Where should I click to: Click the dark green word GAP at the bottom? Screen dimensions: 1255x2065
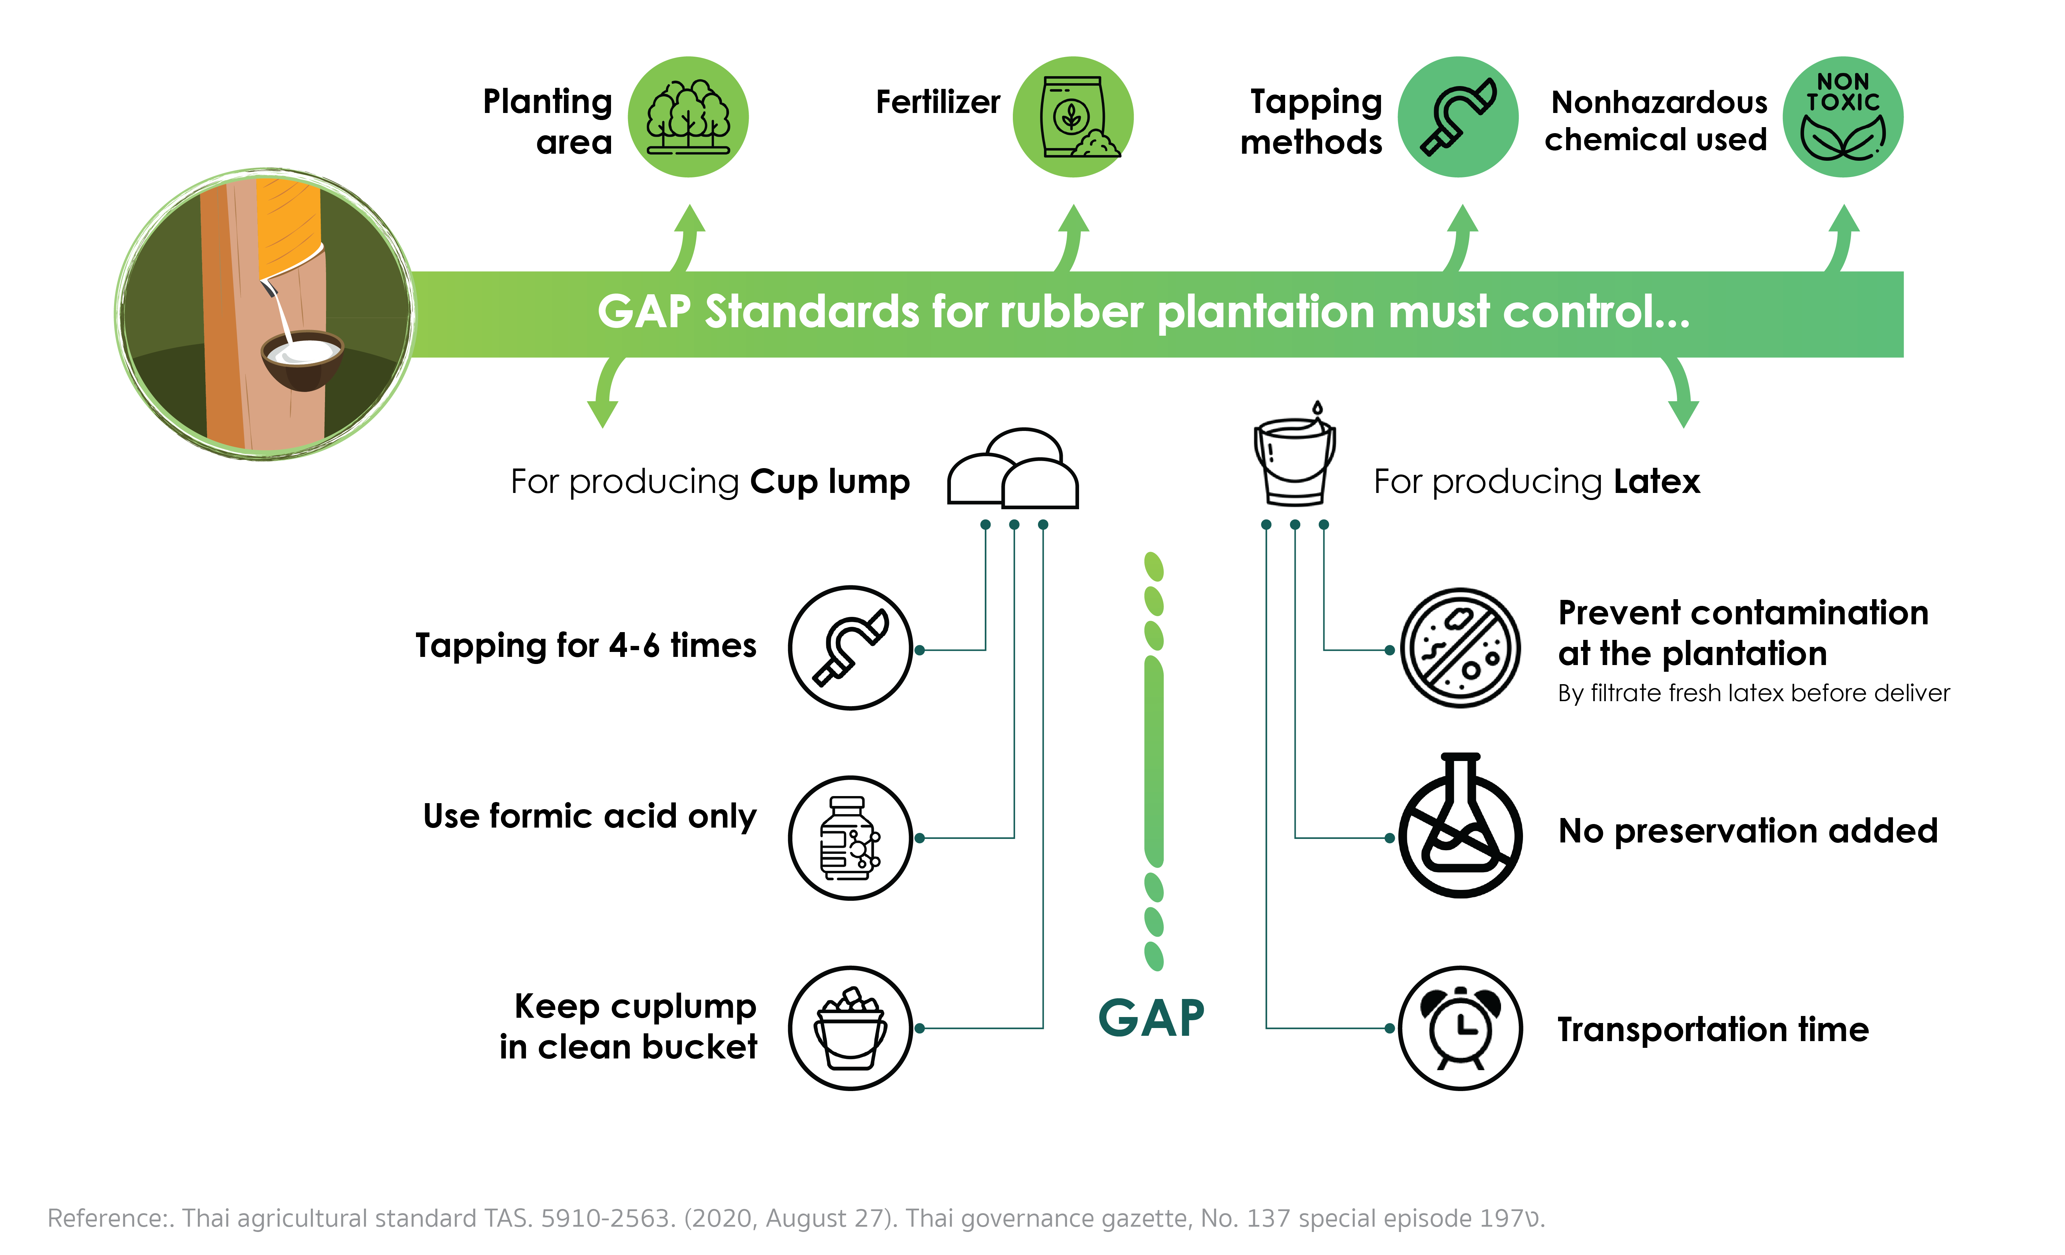click(1152, 1018)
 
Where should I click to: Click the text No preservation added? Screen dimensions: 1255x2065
click(1747, 831)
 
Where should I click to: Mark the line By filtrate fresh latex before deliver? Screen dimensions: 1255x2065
click(1753, 693)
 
